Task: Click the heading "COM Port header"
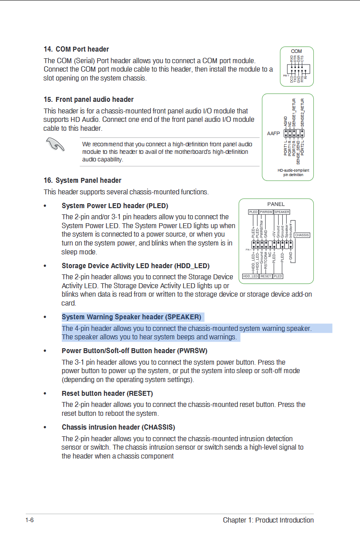[x=82, y=49]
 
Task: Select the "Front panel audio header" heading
[x=94, y=99]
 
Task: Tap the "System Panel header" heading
[x=88, y=180]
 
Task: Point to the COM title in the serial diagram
[x=296, y=52]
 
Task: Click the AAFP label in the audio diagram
[x=272, y=133]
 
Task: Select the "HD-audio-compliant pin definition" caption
[x=293, y=173]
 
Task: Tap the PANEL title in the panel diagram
[x=276, y=204]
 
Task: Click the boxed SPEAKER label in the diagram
[x=282, y=212]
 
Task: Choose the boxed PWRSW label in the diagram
[x=266, y=212]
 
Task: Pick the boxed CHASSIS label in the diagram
[x=302, y=235]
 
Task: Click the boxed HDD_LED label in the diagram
[x=250, y=276]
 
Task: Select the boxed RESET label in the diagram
[x=266, y=276]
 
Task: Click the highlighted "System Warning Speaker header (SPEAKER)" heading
[x=131, y=317]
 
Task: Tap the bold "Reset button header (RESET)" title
[x=107, y=394]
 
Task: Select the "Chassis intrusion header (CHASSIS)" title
[x=118, y=427]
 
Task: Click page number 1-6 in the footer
[x=30, y=520]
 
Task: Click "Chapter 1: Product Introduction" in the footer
[x=268, y=520]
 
